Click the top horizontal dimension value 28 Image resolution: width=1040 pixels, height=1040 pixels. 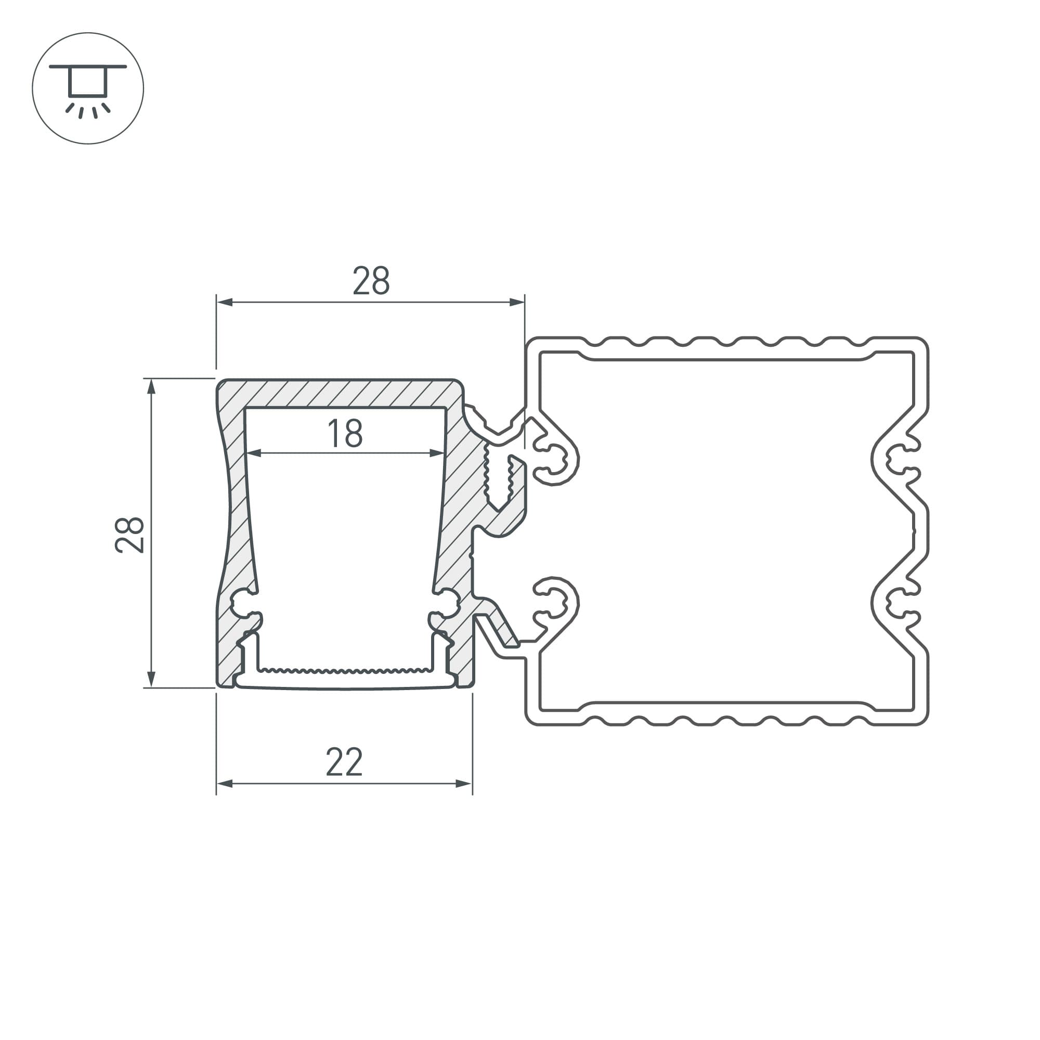[x=371, y=280]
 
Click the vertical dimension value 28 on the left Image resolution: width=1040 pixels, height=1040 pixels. [x=129, y=535]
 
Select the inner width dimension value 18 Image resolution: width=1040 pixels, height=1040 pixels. [x=345, y=433]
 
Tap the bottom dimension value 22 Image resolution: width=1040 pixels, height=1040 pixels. [x=345, y=762]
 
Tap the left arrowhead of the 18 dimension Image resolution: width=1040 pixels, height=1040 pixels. [x=254, y=453]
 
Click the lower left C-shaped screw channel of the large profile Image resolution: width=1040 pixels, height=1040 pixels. [x=554, y=603]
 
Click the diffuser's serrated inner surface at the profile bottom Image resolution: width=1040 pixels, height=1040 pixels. [x=345, y=671]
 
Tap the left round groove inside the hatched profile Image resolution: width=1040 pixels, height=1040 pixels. [x=242, y=603]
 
